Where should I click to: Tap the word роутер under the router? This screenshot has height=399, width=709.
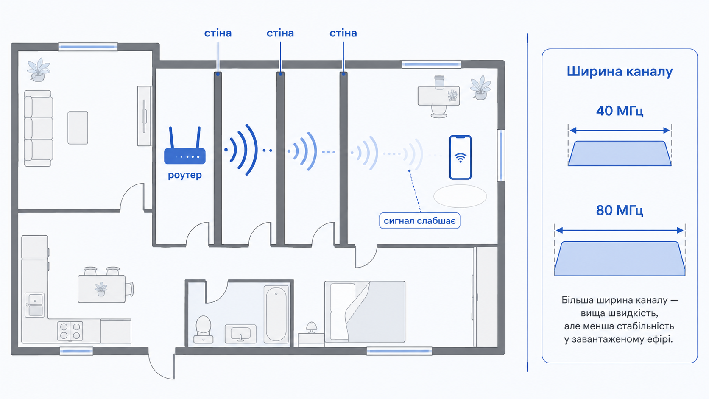(185, 175)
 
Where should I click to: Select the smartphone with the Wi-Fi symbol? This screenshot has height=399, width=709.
(460, 157)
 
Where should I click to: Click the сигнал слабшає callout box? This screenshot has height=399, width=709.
(420, 220)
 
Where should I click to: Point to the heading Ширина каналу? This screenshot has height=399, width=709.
(620, 72)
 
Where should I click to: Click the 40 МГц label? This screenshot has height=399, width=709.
(620, 111)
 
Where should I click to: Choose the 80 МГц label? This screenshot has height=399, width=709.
(620, 210)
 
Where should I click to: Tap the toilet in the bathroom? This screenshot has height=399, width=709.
(203, 329)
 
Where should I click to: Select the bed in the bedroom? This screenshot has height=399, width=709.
(365, 312)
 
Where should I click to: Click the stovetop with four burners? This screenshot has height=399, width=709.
(70, 331)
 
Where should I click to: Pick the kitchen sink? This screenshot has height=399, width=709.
(35, 305)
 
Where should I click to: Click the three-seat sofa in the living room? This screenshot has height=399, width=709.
(38, 128)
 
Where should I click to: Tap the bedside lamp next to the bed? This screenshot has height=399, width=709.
(311, 327)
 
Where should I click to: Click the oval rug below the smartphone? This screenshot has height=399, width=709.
(460, 196)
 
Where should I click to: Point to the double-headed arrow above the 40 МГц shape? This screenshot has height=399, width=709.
(620, 130)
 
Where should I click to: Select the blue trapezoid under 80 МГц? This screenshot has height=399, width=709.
(620, 259)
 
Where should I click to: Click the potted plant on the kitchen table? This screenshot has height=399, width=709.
(101, 289)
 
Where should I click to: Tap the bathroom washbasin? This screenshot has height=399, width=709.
(240, 334)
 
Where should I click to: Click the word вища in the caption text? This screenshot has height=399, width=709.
(593, 314)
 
